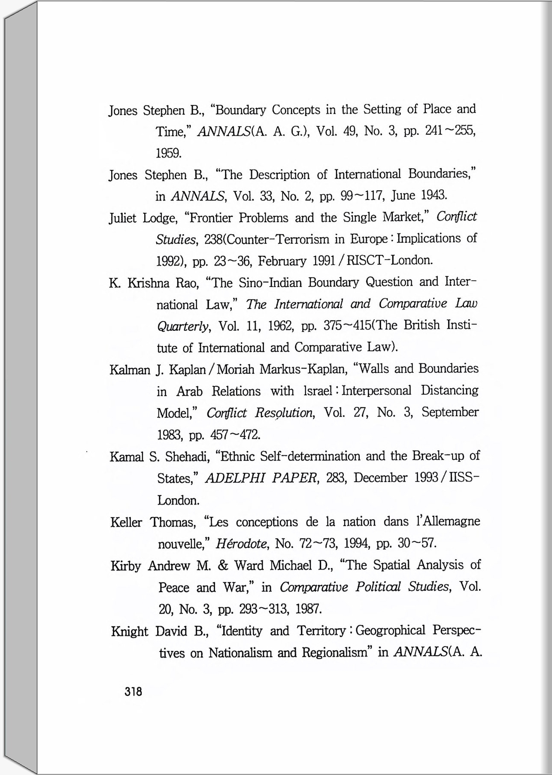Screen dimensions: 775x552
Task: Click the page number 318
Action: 133,692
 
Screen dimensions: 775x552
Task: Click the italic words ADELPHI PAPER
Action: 261,478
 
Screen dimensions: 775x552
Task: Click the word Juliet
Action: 123,218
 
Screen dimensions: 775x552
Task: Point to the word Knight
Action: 130,632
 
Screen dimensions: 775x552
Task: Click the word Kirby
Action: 126,566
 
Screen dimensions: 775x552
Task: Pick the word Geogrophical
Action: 391,631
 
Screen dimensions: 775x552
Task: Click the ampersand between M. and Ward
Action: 223,566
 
